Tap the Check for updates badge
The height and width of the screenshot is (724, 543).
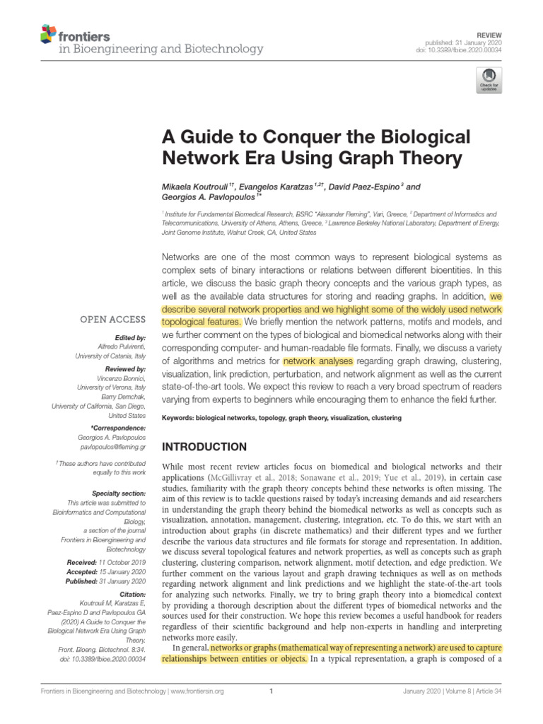[x=489, y=80]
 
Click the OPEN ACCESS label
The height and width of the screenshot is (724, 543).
[x=112, y=320]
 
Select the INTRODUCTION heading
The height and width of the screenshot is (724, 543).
[x=205, y=447]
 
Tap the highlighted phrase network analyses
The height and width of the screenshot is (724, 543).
[x=317, y=361]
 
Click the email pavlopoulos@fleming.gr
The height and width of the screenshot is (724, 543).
[x=112, y=448]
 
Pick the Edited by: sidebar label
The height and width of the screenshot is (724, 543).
[x=128, y=338]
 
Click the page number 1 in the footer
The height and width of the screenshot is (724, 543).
[x=271, y=691]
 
